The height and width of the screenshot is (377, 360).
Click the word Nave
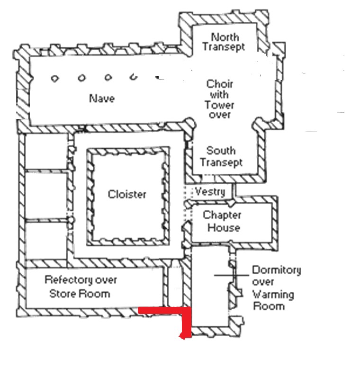coord(102,99)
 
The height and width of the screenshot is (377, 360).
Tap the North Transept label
coord(224,42)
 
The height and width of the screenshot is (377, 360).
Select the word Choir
coord(220,84)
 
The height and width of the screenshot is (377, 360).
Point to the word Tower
coord(219,105)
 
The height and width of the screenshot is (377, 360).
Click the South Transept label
coord(221,156)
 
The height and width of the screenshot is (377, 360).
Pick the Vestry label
coord(210,192)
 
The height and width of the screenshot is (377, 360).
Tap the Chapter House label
coord(222,221)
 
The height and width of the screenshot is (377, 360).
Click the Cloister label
coord(127,194)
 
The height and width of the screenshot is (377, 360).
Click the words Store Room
coord(80,294)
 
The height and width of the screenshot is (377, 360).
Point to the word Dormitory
coord(277,270)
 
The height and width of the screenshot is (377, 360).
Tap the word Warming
coord(273,295)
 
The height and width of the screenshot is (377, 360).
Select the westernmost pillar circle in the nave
coord(55,78)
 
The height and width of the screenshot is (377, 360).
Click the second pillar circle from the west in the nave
coord(81,78)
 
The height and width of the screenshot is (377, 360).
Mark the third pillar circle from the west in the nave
coord(108,77)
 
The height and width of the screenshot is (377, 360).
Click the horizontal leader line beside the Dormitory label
coord(231,275)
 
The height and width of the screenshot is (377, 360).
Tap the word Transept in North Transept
coord(224,47)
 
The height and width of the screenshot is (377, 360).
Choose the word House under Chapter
coord(224,227)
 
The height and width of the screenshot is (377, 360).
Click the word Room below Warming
coord(269,306)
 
